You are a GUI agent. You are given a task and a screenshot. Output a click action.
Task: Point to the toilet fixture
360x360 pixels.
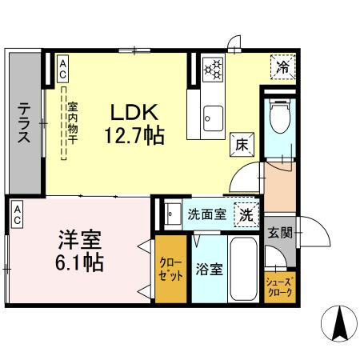pos(279,117)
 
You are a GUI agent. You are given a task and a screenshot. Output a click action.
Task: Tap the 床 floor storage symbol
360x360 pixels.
pos(241,144)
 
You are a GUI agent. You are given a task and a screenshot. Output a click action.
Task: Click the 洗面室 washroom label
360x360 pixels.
pos(206,214)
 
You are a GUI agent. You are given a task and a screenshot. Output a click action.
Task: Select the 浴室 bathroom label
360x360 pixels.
pos(209,269)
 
